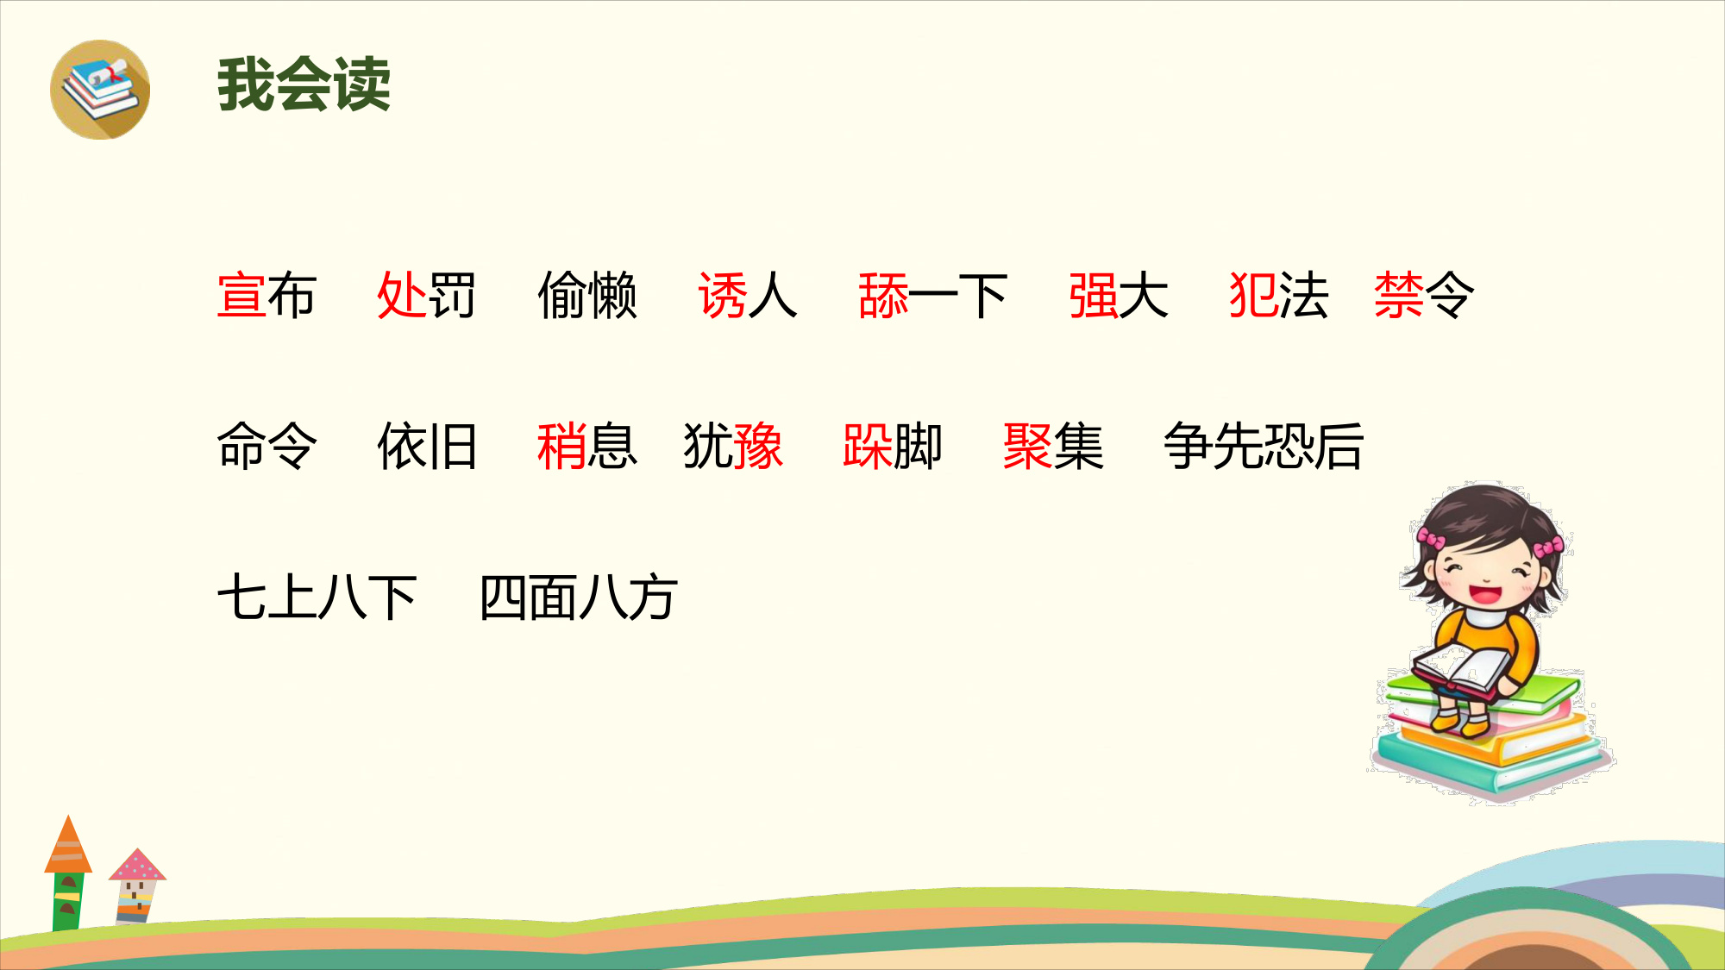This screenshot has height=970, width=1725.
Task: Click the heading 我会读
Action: (x=304, y=84)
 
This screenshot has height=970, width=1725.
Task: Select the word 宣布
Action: (x=267, y=296)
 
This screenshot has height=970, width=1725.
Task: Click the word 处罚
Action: (x=426, y=296)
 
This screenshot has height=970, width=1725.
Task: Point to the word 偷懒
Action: (x=587, y=296)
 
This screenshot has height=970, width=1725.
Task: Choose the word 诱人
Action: (x=748, y=296)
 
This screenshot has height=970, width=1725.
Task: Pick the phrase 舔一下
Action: (x=933, y=296)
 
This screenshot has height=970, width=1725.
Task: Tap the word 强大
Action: (x=1119, y=296)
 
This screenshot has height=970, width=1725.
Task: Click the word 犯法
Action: (x=1279, y=296)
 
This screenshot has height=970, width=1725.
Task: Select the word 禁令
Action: (x=1424, y=296)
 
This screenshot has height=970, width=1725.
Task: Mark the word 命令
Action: (x=267, y=446)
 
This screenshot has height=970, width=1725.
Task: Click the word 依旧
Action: (x=427, y=446)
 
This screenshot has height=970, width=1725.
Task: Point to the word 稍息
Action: (x=587, y=446)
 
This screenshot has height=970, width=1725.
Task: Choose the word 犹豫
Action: (x=733, y=446)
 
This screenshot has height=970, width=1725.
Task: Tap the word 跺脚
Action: (x=893, y=446)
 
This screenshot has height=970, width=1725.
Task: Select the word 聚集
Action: (x=1053, y=446)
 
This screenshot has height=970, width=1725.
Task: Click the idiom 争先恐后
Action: (x=1264, y=446)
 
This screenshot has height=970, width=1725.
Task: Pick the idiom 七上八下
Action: (x=317, y=597)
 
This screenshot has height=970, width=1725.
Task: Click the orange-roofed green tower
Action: (x=68, y=873)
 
